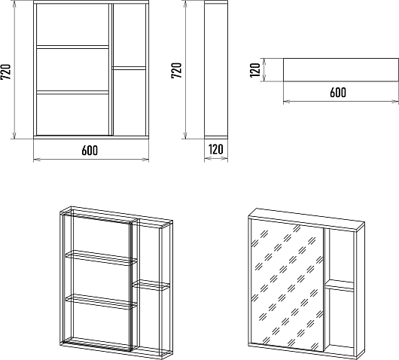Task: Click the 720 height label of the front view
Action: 5,72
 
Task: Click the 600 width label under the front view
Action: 90,151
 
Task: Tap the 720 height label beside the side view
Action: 177,70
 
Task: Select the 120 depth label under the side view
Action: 216,149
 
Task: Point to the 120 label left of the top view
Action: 255,70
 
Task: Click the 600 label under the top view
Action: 338,93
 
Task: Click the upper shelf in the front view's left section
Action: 72,47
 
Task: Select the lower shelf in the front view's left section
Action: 72,93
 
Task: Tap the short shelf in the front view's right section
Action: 129,69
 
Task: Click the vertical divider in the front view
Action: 111,69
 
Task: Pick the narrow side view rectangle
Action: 216,70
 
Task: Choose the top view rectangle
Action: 341,70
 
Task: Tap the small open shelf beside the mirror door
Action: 340,285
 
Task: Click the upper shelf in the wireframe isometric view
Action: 102,258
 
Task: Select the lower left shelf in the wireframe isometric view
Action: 102,302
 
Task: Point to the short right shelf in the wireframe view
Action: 151,285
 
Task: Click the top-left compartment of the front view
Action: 72,24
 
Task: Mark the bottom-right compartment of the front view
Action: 129,102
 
